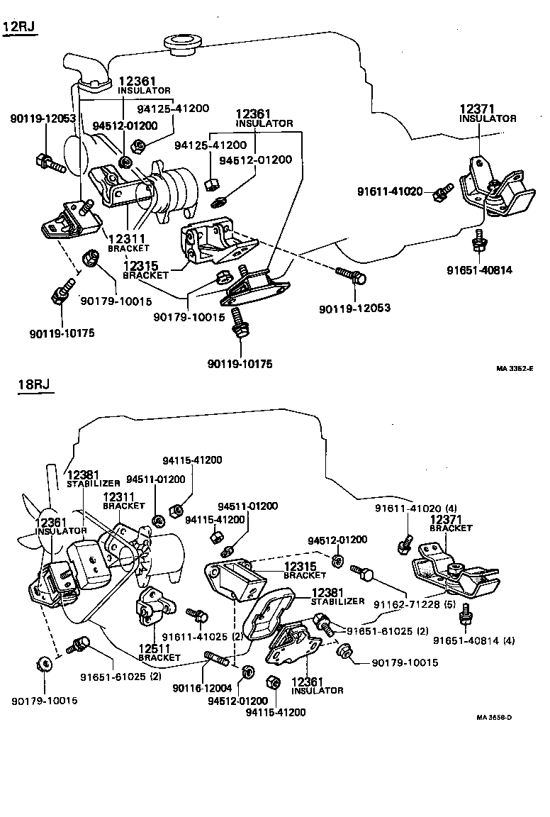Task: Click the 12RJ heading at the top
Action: pyautogui.click(x=20, y=28)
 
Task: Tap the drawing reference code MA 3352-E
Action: pyautogui.click(x=514, y=368)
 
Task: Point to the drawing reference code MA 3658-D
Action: pyautogui.click(x=494, y=717)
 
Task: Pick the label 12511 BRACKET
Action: pyautogui.click(x=159, y=652)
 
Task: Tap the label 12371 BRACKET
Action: pyautogui.click(x=451, y=523)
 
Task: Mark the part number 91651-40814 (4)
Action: pyautogui.click(x=474, y=640)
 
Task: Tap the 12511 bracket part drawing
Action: pyautogui.click(x=154, y=606)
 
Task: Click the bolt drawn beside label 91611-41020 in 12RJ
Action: pyautogui.click(x=443, y=191)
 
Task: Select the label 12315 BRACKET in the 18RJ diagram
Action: pyautogui.click(x=305, y=571)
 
